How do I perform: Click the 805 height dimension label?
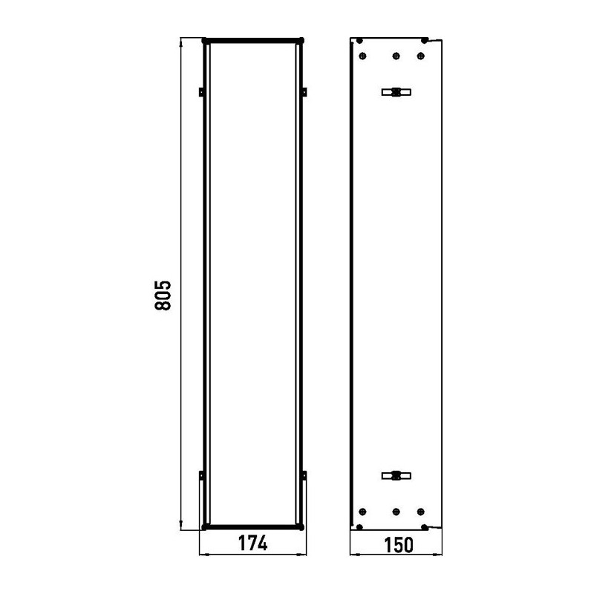click(x=163, y=295)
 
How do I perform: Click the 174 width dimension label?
click(x=252, y=543)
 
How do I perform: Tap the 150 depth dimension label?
click(x=399, y=545)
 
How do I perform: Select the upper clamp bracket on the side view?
click(x=396, y=92)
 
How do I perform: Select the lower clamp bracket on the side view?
click(x=396, y=475)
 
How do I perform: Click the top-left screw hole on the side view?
click(x=362, y=56)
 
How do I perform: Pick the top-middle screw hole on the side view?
click(x=396, y=56)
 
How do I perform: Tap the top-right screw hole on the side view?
click(x=420, y=56)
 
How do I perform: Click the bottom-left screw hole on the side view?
click(x=362, y=512)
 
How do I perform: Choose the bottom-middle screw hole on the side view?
click(x=396, y=512)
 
